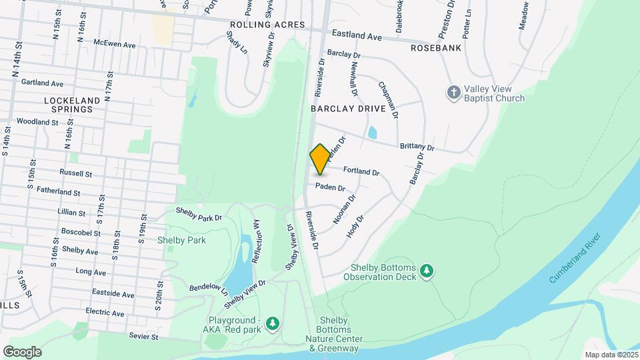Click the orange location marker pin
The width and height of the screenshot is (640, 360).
point(320,159)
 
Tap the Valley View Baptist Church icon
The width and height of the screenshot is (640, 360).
point(453,92)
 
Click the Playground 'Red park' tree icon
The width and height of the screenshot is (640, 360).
point(272,323)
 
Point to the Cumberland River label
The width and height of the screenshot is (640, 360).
point(575,258)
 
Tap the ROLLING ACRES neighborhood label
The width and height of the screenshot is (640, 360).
point(267,25)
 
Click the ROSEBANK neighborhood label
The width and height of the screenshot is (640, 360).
point(435,48)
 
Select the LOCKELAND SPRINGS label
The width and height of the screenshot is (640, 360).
point(71,105)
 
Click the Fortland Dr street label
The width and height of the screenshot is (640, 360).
point(361,171)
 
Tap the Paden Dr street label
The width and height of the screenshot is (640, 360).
point(330,187)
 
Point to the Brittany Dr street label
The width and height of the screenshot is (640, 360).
point(417,147)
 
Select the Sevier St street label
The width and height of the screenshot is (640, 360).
point(144,337)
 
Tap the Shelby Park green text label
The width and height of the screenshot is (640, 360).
point(181,240)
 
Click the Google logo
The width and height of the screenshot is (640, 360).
point(22,351)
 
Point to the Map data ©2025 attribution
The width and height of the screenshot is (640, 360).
point(611,355)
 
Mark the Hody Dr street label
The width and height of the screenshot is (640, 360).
point(355,227)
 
